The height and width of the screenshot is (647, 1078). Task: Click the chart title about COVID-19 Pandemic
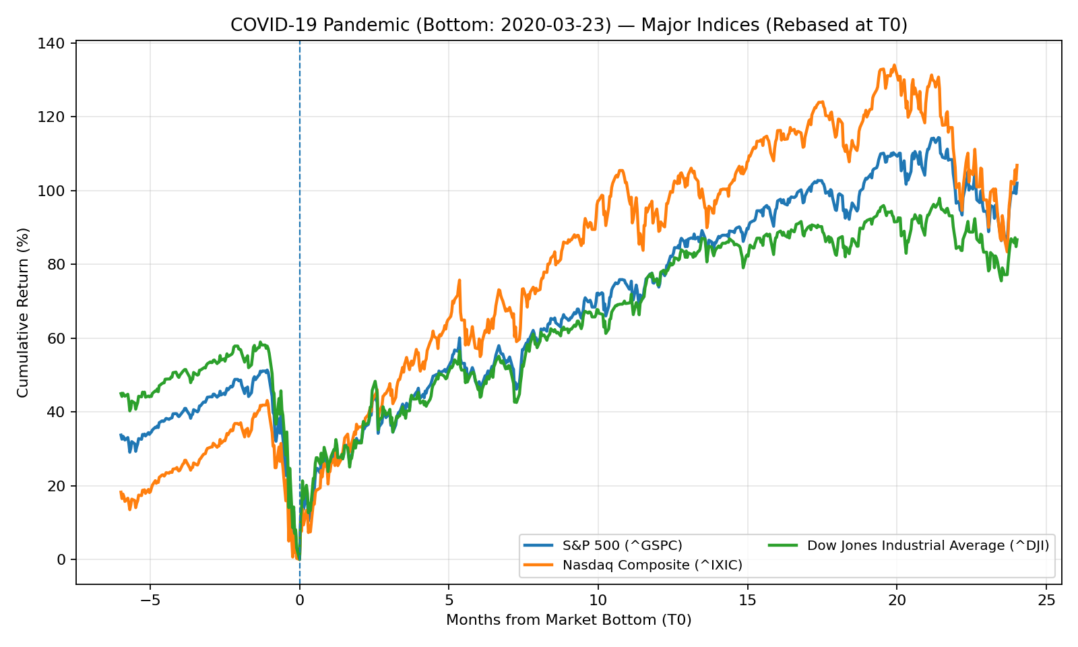point(569,25)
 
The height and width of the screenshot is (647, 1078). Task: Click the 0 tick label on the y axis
point(62,559)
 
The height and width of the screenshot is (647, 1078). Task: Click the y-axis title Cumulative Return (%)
point(23,312)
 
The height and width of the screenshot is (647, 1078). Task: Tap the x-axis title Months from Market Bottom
point(569,620)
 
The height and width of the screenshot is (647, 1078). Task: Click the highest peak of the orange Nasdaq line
point(894,65)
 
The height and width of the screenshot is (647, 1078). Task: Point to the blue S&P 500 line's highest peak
point(937,138)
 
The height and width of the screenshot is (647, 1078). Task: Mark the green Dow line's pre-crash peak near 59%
point(261,342)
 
